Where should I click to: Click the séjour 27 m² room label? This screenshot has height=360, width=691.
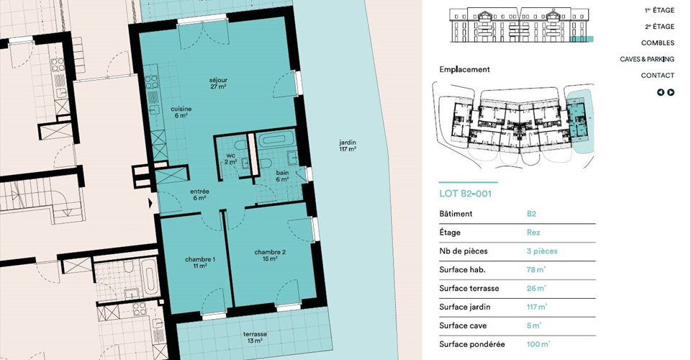pos(218,84)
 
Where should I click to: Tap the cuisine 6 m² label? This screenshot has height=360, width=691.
pos(181,112)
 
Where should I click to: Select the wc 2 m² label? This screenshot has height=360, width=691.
pos(230,158)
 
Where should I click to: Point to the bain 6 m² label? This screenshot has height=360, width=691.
pos(282,176)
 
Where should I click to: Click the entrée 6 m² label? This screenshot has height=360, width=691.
pos(199,195)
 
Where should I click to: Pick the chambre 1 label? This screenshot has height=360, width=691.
pos(200,263)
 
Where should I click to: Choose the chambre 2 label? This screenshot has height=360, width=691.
pos(270,256)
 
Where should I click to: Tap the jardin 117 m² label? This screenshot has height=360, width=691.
pos(348,146)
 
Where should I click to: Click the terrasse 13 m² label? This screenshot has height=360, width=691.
pos(255,338)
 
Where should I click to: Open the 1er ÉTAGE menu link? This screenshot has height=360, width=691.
pos(659,10)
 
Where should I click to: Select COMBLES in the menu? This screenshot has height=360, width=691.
pos(657,42)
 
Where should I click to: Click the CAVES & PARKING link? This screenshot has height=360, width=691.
pos(647,59)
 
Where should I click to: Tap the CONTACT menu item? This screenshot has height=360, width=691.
pos(657,76)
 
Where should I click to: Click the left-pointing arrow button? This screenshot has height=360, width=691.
pos(661,92)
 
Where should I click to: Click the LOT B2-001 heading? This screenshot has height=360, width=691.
pos(466,194)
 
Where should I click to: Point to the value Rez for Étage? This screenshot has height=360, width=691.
pos(533,233)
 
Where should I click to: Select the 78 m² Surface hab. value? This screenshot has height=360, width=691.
pos(536,269)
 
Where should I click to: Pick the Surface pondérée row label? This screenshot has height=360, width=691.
pos(472,344)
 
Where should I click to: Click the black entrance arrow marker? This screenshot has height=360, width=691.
pos(150,203)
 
